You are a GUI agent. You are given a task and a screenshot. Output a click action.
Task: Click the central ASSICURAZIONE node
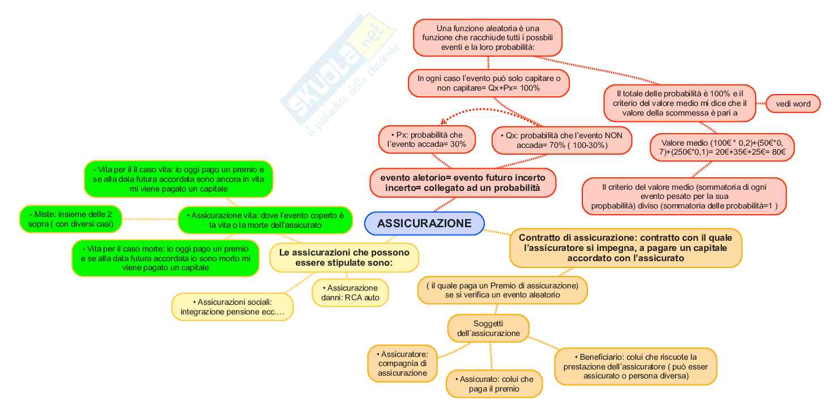pyautogui.click(x=424, y=223)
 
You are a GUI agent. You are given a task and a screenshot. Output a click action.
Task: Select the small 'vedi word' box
pyautogui.click(x=793, y=104)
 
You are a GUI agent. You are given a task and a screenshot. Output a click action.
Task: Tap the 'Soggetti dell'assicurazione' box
pyautogui.click(x=488, y=329)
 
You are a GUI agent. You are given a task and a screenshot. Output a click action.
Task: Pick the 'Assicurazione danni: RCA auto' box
pyautogui.click(x=350, y=293)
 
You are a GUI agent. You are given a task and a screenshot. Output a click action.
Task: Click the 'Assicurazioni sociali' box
pyautogui.click(x=232, y=307)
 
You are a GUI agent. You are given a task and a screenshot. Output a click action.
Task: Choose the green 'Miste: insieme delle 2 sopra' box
pyautogui.click(x=71, y=219)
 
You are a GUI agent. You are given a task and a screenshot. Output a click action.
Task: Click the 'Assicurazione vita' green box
pyautogui.click(x=265, y=220)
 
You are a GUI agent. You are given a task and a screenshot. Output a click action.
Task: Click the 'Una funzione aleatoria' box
pyautogui.click(x=487, y=38)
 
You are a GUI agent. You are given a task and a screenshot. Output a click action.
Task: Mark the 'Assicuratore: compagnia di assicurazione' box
pyautogui.click(x=402, y=364)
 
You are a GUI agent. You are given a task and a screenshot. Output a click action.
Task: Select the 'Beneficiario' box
pyautogui.click(x=636, y=366)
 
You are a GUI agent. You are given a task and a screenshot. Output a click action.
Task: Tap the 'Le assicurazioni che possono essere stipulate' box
pyautogui.click(x=344, y=258)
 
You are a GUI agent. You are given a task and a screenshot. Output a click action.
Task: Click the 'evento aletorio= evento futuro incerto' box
pyautogui.click(x=462, y=182)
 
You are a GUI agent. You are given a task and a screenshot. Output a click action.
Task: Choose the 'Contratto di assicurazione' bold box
pyautogui.click(x=625, y=248)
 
